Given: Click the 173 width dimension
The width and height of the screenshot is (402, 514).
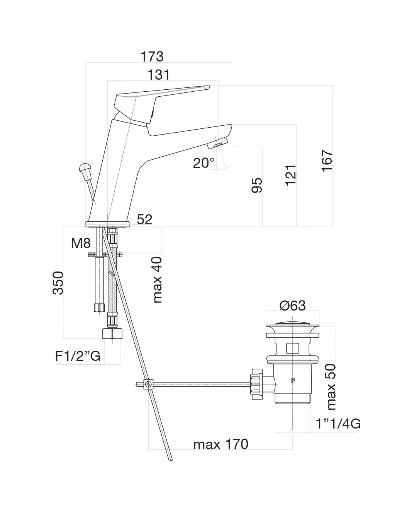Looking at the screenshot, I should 152,56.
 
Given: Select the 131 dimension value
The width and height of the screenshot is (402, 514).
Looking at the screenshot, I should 159,75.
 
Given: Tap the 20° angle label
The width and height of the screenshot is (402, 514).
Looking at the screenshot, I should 204,163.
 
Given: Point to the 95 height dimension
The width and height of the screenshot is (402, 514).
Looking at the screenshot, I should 257,185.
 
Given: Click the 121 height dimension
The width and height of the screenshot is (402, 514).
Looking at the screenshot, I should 291,175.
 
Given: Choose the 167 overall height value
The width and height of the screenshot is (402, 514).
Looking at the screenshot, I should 327,161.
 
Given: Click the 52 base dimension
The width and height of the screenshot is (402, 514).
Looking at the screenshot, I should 144,220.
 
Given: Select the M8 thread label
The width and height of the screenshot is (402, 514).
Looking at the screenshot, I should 81,243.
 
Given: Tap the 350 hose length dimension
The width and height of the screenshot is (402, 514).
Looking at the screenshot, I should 58,283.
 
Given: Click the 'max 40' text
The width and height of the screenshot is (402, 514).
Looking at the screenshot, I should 157,280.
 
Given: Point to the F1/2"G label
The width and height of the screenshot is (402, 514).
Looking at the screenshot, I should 78,356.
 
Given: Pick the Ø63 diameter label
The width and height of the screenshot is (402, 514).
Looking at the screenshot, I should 292,306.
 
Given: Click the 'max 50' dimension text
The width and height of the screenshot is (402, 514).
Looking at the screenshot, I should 331,387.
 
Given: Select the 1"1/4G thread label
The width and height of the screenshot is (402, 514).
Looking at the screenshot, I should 338,424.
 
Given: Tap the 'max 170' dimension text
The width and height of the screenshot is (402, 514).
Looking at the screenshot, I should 221,444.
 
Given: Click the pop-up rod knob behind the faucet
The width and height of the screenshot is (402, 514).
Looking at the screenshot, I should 85,169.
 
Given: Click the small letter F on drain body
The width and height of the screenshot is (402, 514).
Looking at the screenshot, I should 293,380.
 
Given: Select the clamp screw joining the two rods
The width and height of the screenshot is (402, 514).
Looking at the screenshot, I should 148,384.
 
